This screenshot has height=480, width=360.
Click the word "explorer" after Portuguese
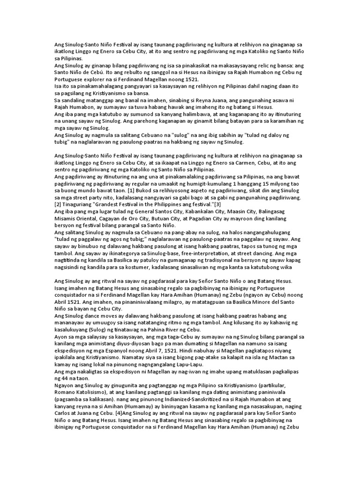coord(94,80)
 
